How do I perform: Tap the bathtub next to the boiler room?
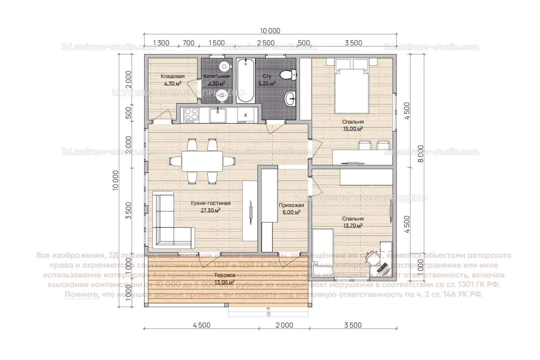[246, 80]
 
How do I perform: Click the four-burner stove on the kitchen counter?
[191, 115]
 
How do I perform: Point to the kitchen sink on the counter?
[218, 115]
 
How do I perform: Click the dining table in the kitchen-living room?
[202, 161]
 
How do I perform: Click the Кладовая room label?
[172, 76]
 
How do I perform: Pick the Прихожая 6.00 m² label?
[291, 205]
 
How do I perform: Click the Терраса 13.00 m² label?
[225, 275]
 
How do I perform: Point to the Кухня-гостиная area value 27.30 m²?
[210, 210]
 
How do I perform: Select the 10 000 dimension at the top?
[270, 31]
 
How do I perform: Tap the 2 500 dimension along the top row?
[266, 43]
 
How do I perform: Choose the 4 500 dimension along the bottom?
[202, 325]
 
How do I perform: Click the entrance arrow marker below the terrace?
[268, 313]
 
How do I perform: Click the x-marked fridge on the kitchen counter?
[246, 115]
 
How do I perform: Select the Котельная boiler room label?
[217, 76]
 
